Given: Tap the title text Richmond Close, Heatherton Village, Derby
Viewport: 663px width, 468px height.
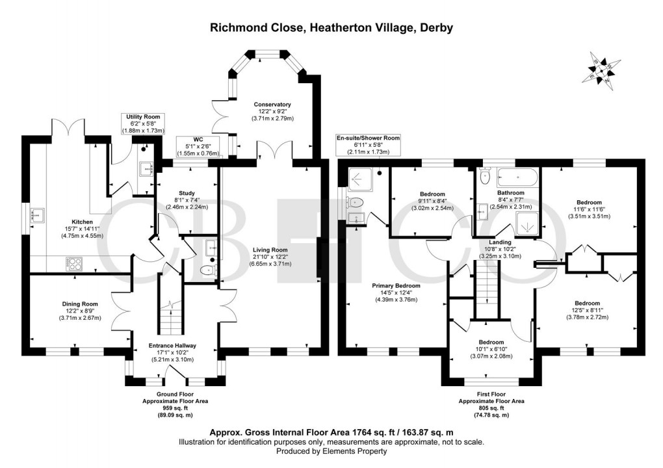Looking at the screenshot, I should click(x=331, y=28).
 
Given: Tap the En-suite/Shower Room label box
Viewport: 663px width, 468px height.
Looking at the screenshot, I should click(x=367, y=144).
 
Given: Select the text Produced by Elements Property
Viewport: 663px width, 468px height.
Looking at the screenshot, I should click(x=331, y=451).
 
